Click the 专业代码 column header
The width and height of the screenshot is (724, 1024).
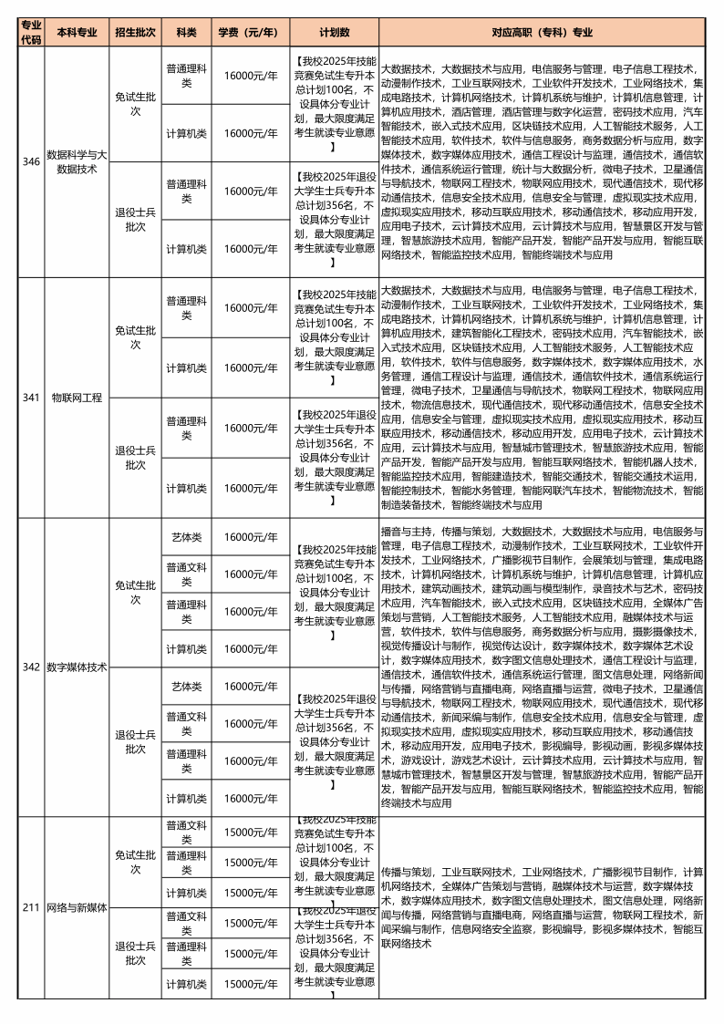(x=31, y=32)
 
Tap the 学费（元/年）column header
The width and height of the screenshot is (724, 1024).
(x=248, y=32)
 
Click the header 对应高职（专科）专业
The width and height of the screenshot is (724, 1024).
(x=542, y=32)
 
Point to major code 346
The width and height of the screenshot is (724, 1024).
(x=31, y=161)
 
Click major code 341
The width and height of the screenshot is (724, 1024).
(x=31, y=398)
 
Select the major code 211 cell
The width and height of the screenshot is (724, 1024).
(x=31, y=907)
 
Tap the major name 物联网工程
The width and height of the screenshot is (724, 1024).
(x=77, y=398)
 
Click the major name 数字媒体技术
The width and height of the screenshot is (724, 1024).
(x=77, y=667)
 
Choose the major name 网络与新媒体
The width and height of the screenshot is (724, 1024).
(x=77, y=907)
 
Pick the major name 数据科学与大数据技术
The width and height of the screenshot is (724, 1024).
(x=77, y=161)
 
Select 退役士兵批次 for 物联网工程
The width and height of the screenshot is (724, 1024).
(x=135, y=457)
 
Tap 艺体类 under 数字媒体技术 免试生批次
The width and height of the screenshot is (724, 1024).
(x=186, y=536)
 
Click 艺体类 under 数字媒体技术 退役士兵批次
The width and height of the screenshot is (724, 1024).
(x=186, y=686)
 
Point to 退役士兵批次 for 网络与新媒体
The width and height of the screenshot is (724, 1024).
(x=135, y=953)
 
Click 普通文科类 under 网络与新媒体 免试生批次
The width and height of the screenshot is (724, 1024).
(x=186, y=832)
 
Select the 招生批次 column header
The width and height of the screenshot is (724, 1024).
(x=135, y=32)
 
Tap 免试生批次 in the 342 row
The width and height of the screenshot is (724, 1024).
(x=135, y=592)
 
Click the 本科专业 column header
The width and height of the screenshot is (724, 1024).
(x=77, y=32)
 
